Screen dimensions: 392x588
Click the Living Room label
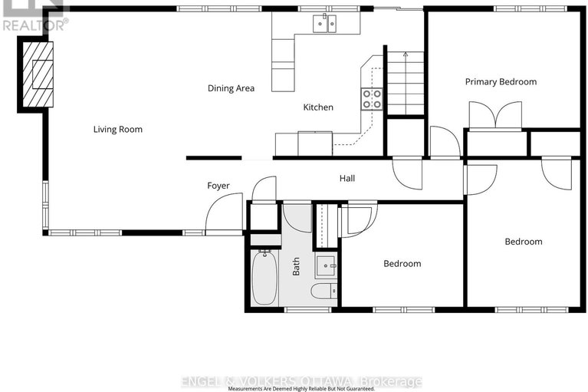click(118, 129)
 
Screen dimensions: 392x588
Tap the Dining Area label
click(231, 88)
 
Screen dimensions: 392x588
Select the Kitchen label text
click(318, 107)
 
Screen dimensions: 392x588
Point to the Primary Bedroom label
click(501, 81)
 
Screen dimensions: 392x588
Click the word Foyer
click(218, 186)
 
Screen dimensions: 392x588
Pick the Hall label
click(347, 179)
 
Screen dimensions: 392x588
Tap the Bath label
click(296, 266)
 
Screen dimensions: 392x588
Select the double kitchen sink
click(325, 24)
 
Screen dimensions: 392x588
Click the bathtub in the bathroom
click(267, 277)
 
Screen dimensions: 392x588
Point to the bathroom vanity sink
click(327, 267)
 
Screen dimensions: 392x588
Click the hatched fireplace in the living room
click(38, 75)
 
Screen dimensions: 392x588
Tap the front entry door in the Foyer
click(225, 212)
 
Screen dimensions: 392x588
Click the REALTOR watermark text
click(34, 24)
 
